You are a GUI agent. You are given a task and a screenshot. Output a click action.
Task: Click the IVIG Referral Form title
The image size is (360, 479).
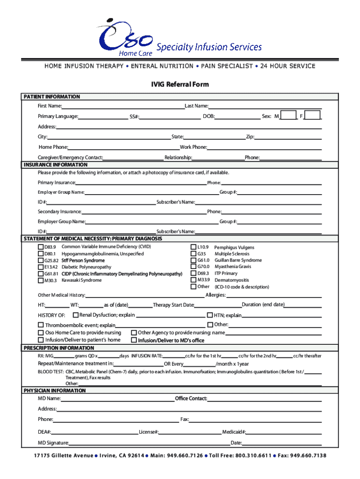[180, 85]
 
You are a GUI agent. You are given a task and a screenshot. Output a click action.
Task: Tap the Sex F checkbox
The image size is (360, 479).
[313, 115]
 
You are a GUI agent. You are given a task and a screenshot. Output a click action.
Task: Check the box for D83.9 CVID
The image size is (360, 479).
[41, 247]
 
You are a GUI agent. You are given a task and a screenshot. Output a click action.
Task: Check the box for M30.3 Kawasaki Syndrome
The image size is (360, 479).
[41, 280]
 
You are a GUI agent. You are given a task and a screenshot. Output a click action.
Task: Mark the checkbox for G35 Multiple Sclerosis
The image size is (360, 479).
[193, 254]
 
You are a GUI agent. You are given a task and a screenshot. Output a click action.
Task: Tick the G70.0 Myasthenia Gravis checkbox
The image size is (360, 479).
[193, 267]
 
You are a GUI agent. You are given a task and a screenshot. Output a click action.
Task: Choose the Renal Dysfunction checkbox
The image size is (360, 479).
[75, 315]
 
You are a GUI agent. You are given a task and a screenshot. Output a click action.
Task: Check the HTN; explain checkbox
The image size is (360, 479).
[210, 315]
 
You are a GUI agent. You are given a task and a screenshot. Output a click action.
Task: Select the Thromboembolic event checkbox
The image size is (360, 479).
[41, 325]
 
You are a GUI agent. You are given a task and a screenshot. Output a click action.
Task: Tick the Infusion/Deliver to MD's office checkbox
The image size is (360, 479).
[134, 340]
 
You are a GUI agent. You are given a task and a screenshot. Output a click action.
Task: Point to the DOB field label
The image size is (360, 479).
[209, 116]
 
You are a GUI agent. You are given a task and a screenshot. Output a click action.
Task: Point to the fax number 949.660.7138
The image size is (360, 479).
[308, 456]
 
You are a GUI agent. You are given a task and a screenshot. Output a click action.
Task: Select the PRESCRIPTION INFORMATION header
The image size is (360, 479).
[59, 348]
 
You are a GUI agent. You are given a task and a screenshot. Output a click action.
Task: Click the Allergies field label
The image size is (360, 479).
[216, 295]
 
